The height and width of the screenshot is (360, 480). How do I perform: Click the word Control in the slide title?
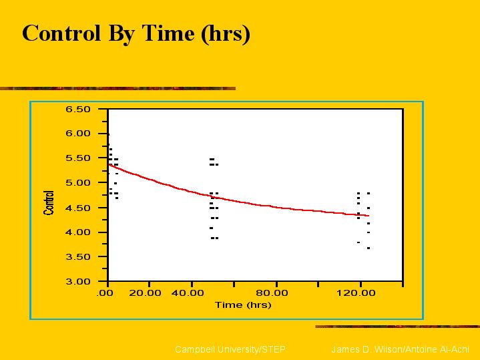point(61,33)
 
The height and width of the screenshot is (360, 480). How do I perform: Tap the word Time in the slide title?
point(168,33)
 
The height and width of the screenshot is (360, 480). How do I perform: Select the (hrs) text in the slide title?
point(226,34)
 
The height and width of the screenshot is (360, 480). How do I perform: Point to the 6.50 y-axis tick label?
point(78,110)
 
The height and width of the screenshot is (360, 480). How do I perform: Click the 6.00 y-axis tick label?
point(78,134)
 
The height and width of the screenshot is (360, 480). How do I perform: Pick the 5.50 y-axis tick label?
point(78,158)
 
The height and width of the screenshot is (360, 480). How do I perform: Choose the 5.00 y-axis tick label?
point(78,183)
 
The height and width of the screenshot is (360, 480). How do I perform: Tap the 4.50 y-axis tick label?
point(78,208)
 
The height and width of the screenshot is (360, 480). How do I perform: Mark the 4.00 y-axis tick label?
point(78,232)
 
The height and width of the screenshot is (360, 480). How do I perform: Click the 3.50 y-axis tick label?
point(78,256)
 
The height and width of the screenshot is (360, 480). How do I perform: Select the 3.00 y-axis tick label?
point(78,281)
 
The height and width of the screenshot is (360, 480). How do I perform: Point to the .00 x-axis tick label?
point(105,293)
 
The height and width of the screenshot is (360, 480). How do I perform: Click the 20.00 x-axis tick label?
point(145,293)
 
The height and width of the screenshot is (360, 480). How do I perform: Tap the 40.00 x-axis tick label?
point(188,293)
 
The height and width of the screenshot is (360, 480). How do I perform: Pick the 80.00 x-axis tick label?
point(272,293)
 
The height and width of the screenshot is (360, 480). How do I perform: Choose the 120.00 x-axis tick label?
point(356,293)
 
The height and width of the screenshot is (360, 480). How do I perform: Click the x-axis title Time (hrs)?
point(243,305)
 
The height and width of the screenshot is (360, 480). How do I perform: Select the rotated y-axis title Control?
point(49,202)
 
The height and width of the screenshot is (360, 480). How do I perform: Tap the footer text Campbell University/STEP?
point(230,349)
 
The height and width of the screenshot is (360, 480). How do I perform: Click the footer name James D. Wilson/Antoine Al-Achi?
point(400,349)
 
